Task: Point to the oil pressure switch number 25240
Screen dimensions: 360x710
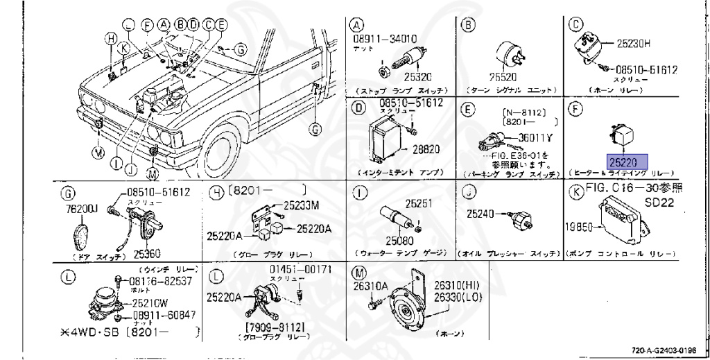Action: click(x=481, y=215)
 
